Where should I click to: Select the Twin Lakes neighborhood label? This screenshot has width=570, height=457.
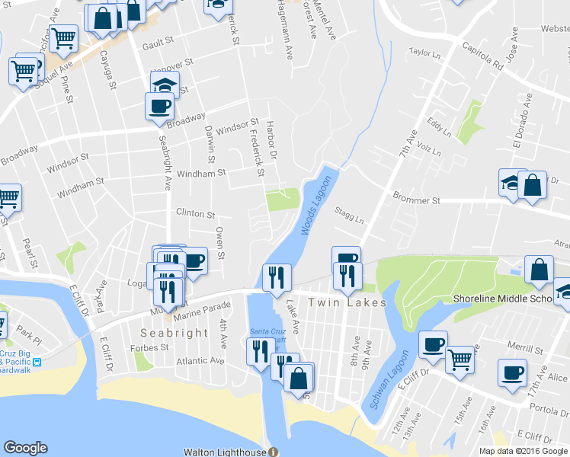[347, 302]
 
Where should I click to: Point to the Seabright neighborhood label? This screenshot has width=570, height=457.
[175, 333]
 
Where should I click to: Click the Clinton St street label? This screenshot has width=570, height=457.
[196, 214]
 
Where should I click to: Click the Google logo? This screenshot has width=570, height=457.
[25, 448]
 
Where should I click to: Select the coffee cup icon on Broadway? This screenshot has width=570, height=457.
[159, 106]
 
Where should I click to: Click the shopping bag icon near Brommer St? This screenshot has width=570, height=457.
[532, 185]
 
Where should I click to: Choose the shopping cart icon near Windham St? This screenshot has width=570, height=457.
[8, 197]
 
